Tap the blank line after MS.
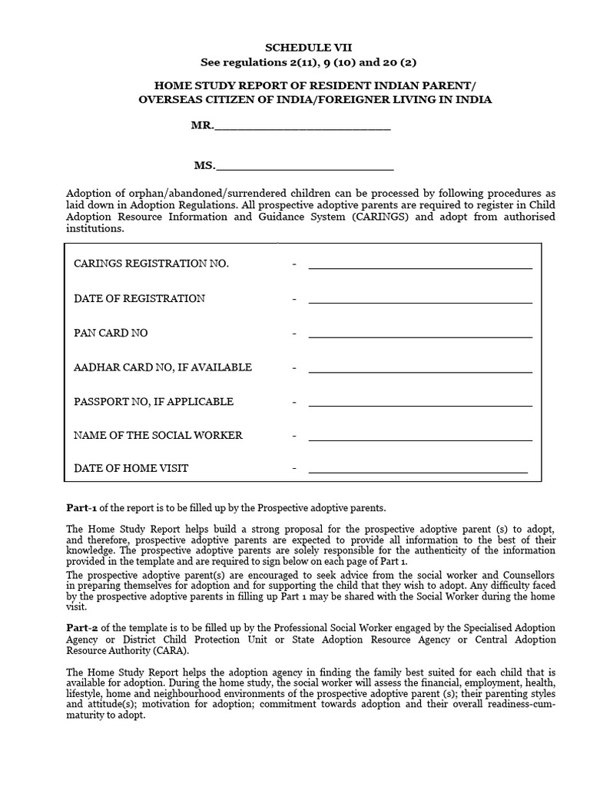click(x=306, y=167)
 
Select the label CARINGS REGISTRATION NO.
click(x=151, y=264)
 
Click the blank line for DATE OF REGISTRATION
click(x=420, y=301)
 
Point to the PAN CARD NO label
click(x=111, y=333)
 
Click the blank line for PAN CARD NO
click(x=420, y=336)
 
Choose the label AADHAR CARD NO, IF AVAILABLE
click(x=163, y=367)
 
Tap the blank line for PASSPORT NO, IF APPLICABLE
click(x=420, y=404)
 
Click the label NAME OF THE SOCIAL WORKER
click(x=158, y=435)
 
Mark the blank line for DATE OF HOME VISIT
click(x=418, y=470)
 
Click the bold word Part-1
click(x=82, y=508)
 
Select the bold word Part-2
click(x=82, y=629)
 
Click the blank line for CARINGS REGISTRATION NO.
click(x=420, y=267)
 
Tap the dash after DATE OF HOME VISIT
click(x=294, y=468)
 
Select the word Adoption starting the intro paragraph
click(x=89, y=193)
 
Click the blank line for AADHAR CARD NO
click(x=420, y=370)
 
